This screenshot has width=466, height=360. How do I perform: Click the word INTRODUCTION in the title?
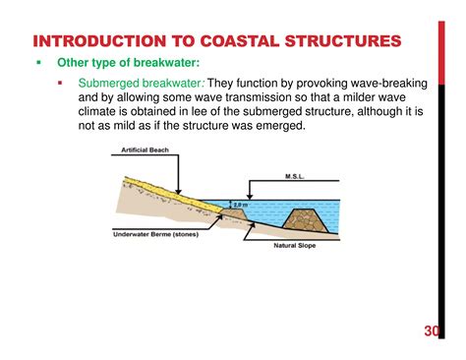90,41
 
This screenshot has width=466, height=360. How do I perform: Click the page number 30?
433,330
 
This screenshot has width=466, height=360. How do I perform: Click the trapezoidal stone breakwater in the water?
307,217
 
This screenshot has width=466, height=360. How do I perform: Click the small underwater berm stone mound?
234,214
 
